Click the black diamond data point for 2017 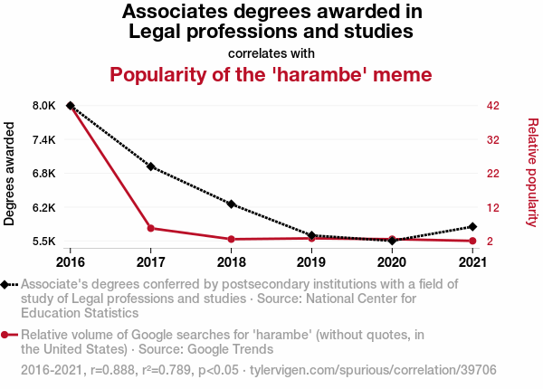[x=151, y=166]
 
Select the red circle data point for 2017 [x=151, y=228]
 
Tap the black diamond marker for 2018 [x=232, y=204]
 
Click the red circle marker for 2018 [x=232, y=239]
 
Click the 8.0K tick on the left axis [x=44, y=106]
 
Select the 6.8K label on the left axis [x=44, y=174]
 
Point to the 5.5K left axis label [x=44, y=242]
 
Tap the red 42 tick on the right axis [x=493, y=106]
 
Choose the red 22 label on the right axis [x=493, y=174]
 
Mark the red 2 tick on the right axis [x=490, y=242]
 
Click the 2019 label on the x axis [x=311, y=262]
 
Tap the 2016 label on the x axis [x=71, y=262]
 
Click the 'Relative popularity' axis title [x=532, y=173]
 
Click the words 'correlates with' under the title [x=271, y=52]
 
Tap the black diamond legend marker [x=7, y=284]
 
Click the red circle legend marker [x=7, y=336]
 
